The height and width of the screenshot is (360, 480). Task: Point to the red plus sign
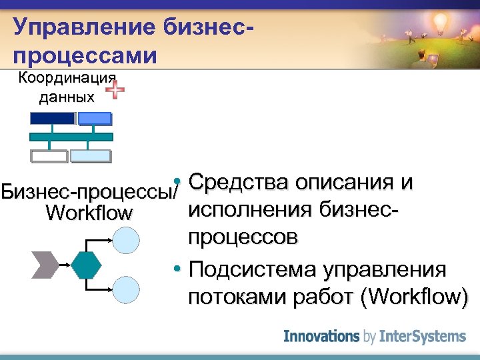[x=115, y=89]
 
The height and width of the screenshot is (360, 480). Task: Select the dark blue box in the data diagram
[x=52, y=118]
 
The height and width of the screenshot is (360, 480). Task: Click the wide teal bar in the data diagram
[x=71, y=137]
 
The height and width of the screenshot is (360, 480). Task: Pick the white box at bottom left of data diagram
[x=49, y=157]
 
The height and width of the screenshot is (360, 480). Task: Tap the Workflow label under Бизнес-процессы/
[x=89, y=214]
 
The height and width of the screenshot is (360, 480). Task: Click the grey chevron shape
[x=45, y=265]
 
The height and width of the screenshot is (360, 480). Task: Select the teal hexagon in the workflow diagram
[x=86, y=265]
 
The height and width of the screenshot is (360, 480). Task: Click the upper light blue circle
[x=127, y=240]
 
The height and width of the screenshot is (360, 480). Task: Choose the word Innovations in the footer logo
[x=322, y=336]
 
